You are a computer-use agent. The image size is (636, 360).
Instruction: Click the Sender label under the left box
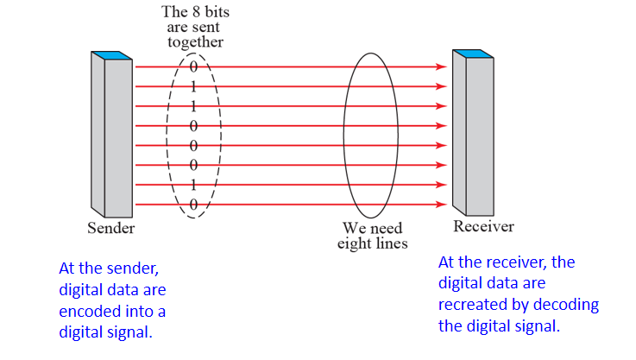(x=110, y=229)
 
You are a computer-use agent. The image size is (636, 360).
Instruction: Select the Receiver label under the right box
(x=483, y=226)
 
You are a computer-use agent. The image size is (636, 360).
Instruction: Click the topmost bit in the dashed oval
(x=194, y=66)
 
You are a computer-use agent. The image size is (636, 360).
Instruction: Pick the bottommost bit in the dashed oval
(x=194, y=204)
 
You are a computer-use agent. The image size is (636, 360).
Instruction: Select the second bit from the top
(x=194, y=86)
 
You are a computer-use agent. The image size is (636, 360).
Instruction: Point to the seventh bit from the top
(x=194, y=185)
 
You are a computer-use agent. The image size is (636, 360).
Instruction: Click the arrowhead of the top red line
(x=442, y=66)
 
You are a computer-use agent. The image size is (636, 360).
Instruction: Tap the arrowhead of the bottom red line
(x=442, y=205)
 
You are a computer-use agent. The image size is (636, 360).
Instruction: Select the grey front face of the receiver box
(x=480, y=138)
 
